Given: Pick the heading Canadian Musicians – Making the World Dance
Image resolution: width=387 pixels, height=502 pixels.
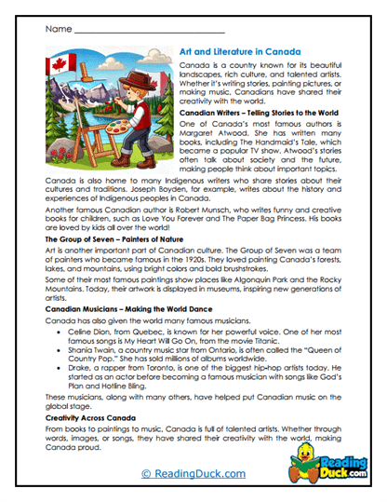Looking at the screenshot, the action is click(123, 309).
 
